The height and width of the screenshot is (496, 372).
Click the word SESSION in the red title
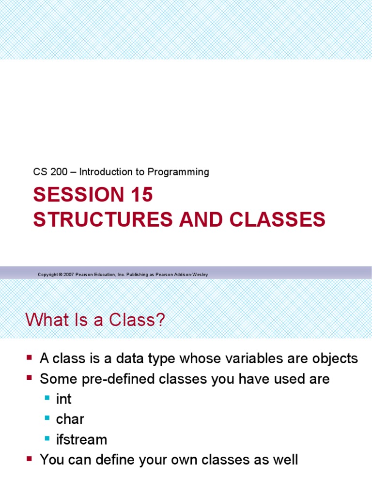point(72,195)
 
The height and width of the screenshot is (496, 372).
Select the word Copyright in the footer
point(47,275)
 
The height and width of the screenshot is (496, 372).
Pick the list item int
point(63,399)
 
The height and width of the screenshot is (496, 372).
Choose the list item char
point(70,419)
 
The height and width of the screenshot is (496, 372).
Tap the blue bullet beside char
point(47,418)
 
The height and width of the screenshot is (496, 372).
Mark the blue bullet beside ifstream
point(47,438)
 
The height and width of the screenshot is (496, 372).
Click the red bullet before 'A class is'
point(30,357)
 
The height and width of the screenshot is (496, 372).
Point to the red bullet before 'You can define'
point(30,458)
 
